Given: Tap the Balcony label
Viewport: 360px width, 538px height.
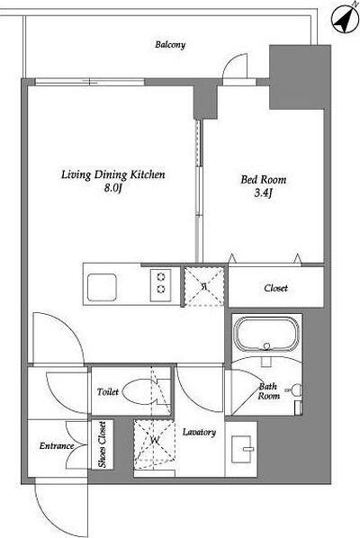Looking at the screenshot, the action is (x=170, y=45).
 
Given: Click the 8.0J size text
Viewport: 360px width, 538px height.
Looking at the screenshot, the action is (x=113, y=188).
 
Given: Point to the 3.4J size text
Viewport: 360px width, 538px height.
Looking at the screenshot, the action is (x=263, y=193).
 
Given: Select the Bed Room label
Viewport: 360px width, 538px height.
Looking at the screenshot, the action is (x=263, y=179).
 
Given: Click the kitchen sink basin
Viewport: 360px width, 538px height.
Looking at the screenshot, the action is (x=102, y=287).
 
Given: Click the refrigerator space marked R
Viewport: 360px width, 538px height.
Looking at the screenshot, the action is (x=204, y=286).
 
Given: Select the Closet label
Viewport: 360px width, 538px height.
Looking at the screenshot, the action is (x=276, y=288).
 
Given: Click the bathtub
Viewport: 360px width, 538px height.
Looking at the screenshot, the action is (x=266, y=334).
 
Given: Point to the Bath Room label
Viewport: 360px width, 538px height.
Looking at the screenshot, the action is (x=268, y=391).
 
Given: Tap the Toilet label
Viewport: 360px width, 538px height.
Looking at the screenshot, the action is (x=108, y=392).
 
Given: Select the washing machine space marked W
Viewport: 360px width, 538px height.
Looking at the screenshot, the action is (x=154, y=440).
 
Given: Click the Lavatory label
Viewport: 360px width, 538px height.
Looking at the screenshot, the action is (x=199, y=433).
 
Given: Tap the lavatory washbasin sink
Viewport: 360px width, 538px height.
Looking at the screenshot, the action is (x=242, y=449).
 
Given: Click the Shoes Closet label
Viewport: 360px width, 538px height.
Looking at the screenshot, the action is (x=103, y=444).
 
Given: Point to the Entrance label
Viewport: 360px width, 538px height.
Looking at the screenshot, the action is (x=57, y=446).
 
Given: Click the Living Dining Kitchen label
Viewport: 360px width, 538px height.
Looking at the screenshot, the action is (x=113, y=175).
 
